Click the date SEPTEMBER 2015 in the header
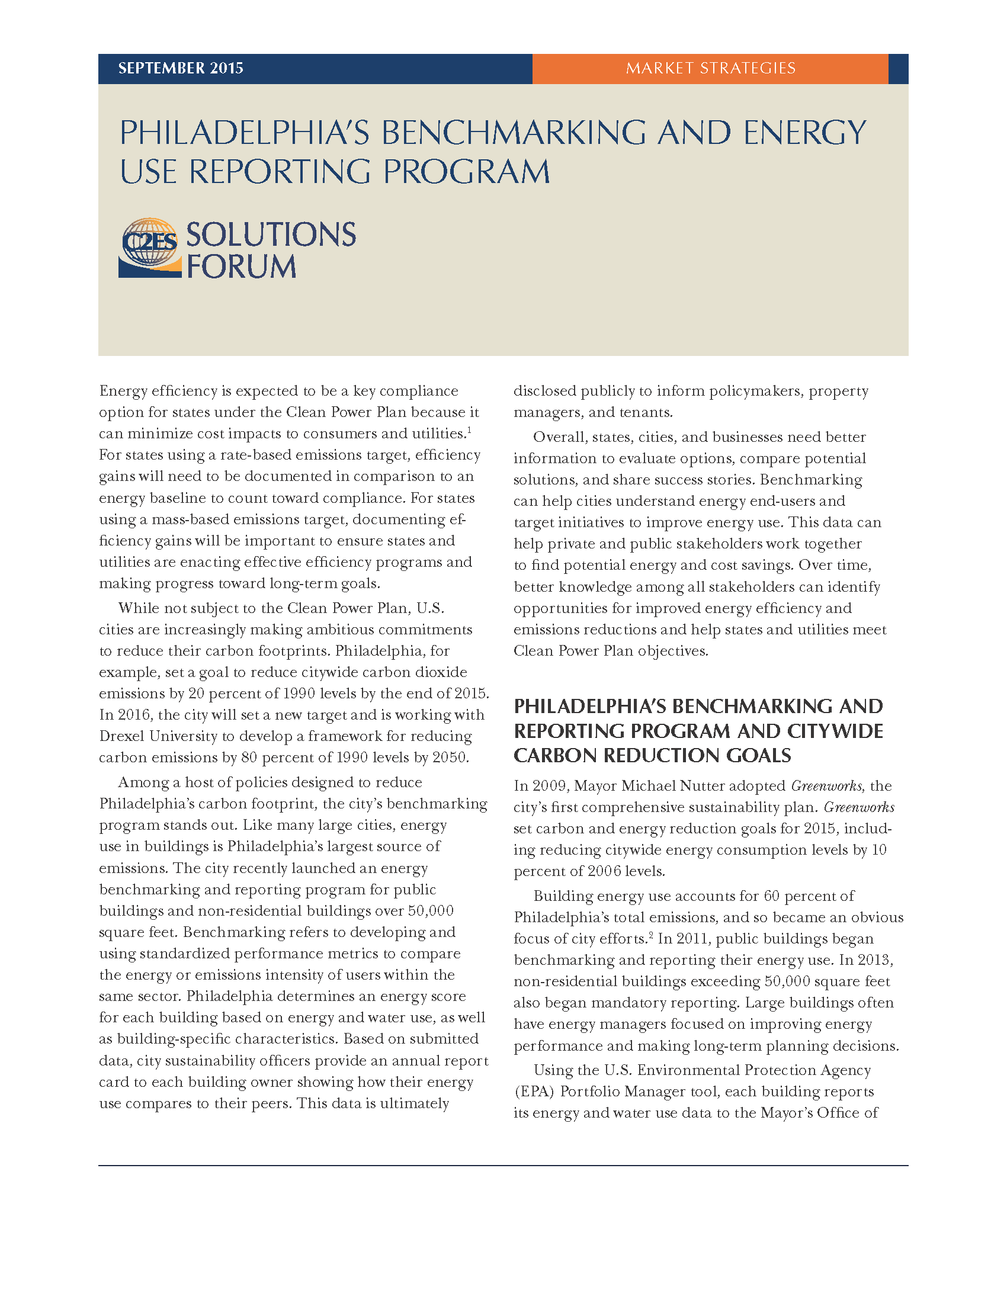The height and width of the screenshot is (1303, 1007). click(x=181, y=69)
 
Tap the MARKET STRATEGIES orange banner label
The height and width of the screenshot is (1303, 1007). click(x=710, y=69)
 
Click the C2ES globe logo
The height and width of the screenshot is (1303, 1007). click(x=150, y=247)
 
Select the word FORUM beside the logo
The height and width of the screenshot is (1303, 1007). click(x=241, y=266)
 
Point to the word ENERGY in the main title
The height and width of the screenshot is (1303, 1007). click(x=804, y=133)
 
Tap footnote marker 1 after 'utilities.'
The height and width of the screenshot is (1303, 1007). click(x=470, y=429)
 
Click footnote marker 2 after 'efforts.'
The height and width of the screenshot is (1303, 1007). click(x=651, y=934)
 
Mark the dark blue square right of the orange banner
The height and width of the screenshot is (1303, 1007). click(x=898, y=69)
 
